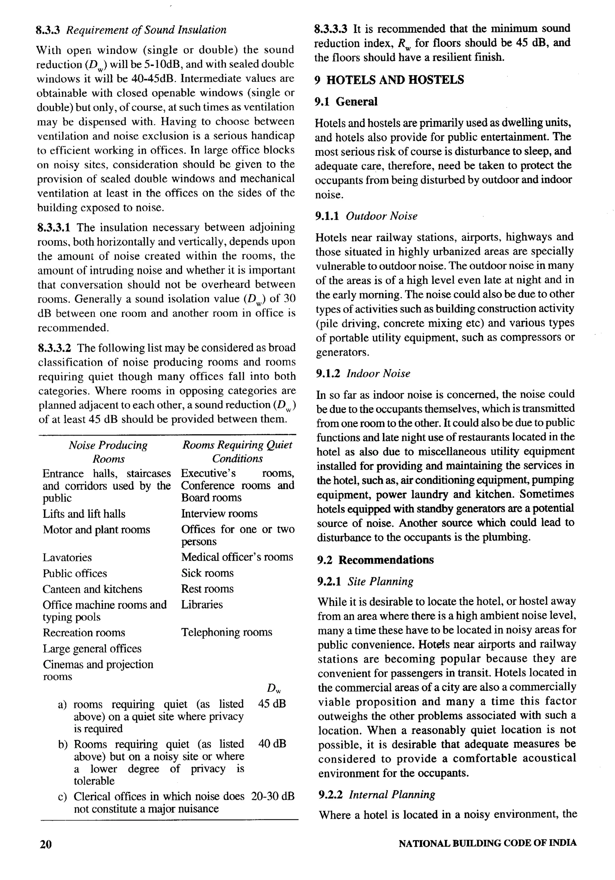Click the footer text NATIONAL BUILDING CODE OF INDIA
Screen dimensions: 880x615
(x=487, y=843)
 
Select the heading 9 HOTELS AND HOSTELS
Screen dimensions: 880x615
(x=389, y=80)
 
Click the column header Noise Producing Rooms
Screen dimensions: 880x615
(x=108, y=452)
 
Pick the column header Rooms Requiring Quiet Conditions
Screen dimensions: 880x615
(x=237, y=452)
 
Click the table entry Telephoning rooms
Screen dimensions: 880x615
(x=227, y=632)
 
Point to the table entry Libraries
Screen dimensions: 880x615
(x=202, y=604)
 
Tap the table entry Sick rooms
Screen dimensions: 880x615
(x=208, y=573)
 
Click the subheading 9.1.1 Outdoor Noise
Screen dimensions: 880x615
(x=366, y=216)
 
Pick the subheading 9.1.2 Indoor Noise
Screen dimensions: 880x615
(x=363, y=374)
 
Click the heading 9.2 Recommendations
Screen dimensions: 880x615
(x=375, y=560)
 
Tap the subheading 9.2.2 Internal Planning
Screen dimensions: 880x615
(x=377, y=795)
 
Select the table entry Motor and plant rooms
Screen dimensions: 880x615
(x=96, y=530)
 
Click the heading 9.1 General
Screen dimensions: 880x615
(x=346, y=102)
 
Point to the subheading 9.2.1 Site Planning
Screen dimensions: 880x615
(x=365, y=582)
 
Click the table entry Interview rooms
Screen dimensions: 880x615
(x=219, y=514)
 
